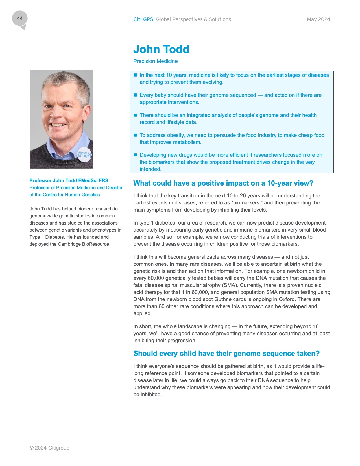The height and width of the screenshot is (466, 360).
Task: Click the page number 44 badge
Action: [20, 19]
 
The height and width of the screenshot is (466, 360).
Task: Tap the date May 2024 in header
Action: [318, 19]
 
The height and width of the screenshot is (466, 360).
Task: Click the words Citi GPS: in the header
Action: [144, 19]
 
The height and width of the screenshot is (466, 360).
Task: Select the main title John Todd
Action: [161, 49]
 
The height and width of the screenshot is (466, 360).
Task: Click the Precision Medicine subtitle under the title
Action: [156, 61]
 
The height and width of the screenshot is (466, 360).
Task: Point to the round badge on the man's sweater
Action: [84, 154]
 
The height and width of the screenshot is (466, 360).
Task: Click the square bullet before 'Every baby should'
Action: [135, 95]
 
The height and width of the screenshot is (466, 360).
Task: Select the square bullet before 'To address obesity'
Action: [135, 135]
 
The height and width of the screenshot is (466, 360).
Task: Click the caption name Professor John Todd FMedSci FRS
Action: [69, 180]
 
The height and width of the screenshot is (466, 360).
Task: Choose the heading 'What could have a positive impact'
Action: [223, 183]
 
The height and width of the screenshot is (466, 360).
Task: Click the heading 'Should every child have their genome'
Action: [226, 354]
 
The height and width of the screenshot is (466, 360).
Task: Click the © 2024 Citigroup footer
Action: [49, 448]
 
